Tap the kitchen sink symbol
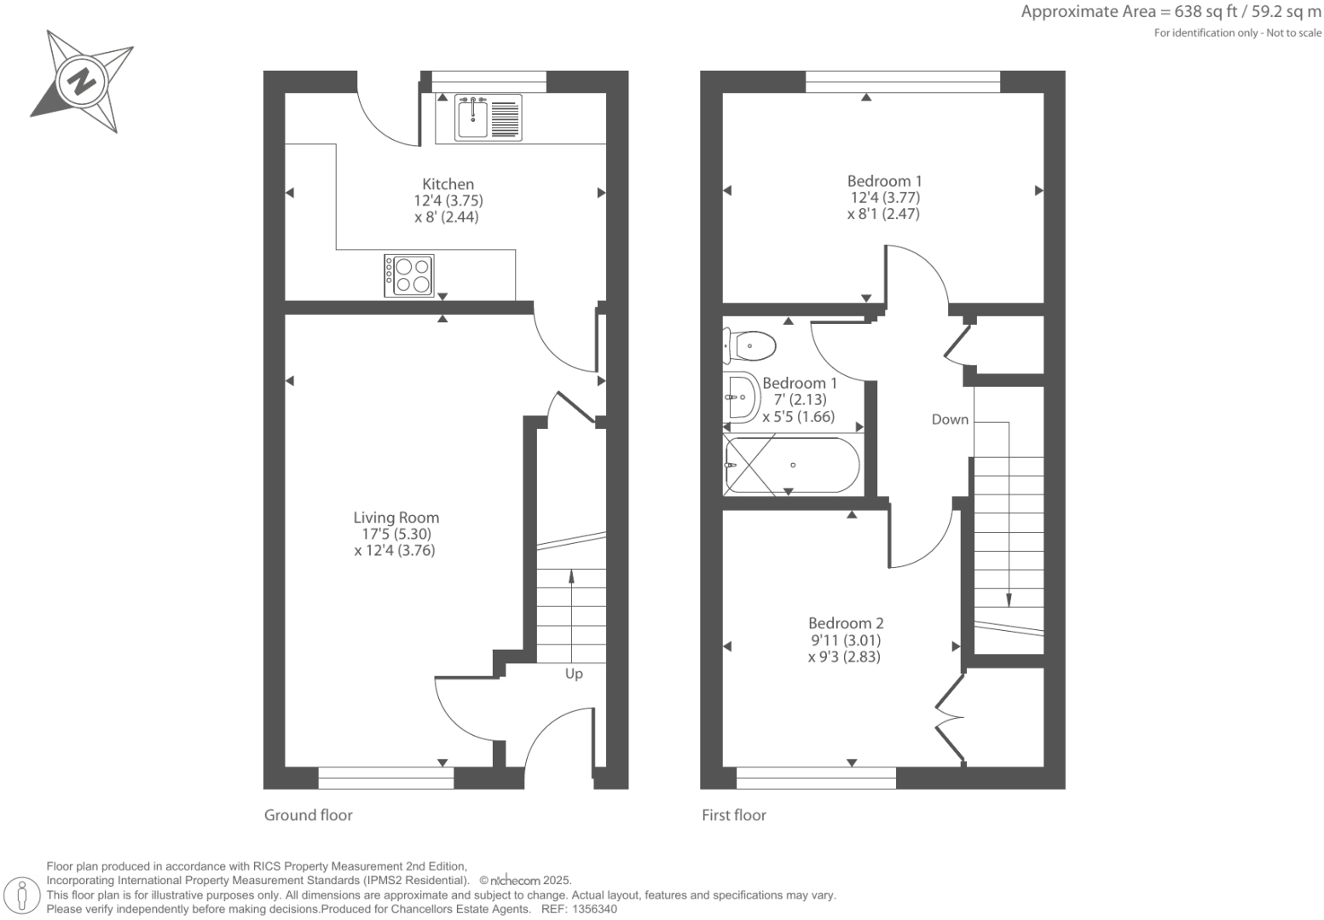472,118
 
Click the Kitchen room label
448,184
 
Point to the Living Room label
396,518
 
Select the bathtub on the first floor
791,466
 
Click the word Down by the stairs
950,419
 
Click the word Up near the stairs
574,674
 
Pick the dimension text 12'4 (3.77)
885,197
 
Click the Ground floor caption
308,815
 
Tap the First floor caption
733,815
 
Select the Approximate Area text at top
1171,12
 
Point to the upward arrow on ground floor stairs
570,580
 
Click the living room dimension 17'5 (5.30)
396,534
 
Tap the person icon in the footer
23,895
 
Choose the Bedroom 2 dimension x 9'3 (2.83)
844,657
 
